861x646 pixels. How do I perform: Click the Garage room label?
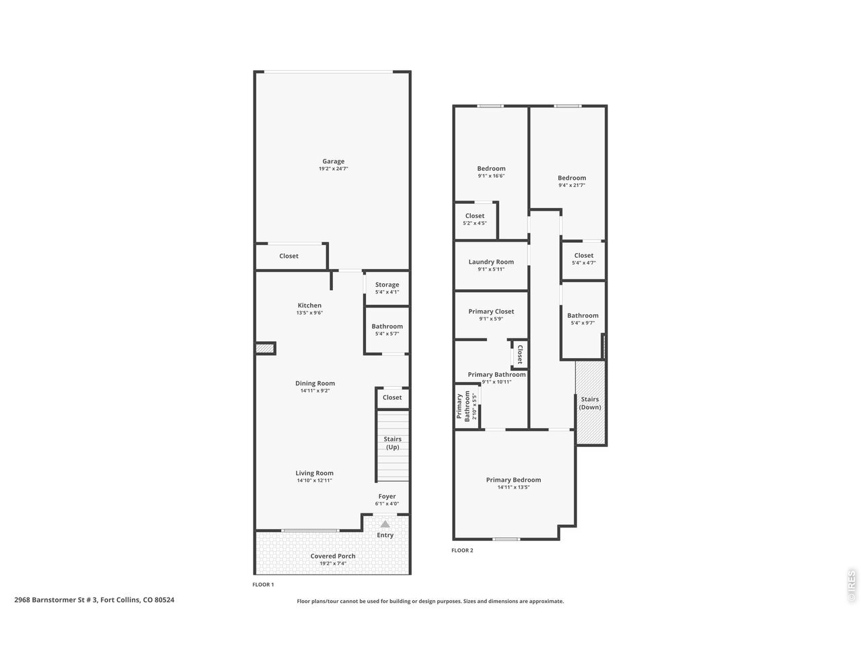click(333, 161)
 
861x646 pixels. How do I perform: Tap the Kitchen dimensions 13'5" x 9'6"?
click(309, 313)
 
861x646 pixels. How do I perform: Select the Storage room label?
click(387, 285)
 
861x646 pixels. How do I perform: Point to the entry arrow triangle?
click(385, 524)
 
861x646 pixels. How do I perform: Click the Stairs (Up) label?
click(392, 443)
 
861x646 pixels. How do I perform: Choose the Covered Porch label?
click(333, 556)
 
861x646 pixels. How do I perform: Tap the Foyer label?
click(387, 496)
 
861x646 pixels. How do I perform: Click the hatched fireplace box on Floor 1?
click(265, 348)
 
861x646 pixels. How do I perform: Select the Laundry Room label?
click(491, 262)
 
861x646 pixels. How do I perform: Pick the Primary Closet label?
click(491, 311)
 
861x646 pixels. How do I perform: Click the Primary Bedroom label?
click(513, 480)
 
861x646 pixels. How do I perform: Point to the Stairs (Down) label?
click(589, 403)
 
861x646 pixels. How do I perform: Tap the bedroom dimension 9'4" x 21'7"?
click(572, 185)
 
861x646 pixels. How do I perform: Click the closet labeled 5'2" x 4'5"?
click(475, 219)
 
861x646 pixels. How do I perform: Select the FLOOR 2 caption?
click(462, 550)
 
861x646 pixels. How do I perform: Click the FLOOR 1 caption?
click(263, 584)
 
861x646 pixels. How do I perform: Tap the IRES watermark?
click(851, 586)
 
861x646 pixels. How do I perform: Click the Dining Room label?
click(315, 383)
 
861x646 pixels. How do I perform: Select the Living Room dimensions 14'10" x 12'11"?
click(314, 480)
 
